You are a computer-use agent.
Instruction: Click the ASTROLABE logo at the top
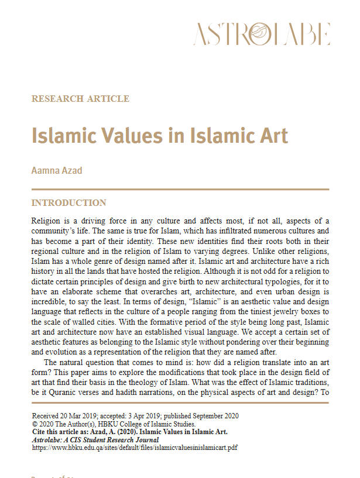(x=262, y=34)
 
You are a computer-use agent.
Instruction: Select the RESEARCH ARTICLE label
(x=80, y=99)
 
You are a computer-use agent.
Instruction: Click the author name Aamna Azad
(x=57, y=170)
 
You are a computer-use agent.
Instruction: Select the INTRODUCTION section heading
(x=68, y=203)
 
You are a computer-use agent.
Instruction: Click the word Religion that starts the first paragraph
(x=46, y=221)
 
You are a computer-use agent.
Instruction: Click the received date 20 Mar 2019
(x=81, y=416)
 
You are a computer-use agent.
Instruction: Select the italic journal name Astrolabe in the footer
(x=48, y=440)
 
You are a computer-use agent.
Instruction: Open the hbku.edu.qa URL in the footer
(x=135, y=448)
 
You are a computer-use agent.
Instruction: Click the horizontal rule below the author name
(x=180, y=190)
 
